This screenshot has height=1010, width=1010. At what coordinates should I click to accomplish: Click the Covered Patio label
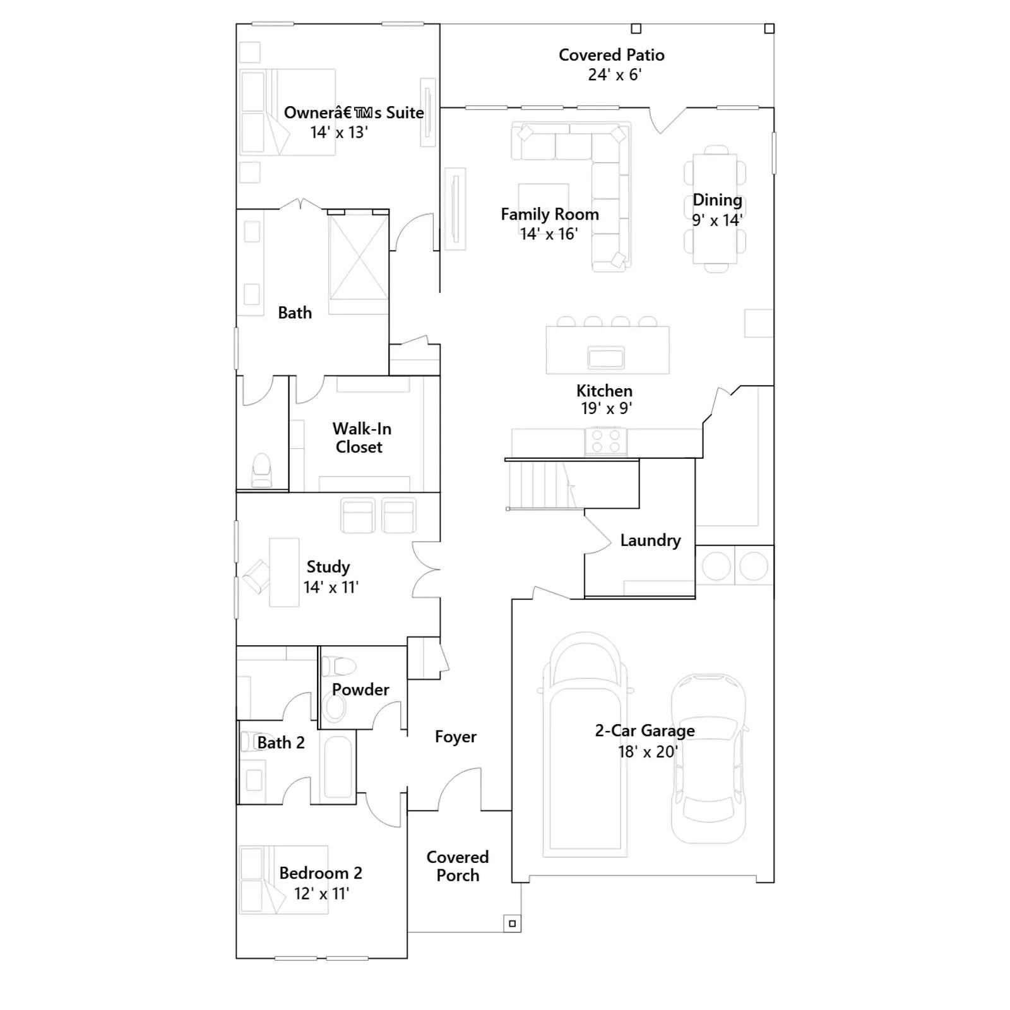click(x=611, y=55)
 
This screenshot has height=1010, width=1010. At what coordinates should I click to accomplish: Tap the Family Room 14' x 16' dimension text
click(x=549, y=234)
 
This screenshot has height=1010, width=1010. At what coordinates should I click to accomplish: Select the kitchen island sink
click(x=606, y=357)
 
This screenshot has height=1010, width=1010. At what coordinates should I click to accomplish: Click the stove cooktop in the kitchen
click(x=606, y=441)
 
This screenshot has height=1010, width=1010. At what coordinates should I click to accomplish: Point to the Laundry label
click(x=650, y=540)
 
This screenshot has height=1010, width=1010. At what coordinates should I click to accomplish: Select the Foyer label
click(x=456, y=737)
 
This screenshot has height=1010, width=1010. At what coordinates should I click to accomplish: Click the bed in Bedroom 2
click(x=284, y=879)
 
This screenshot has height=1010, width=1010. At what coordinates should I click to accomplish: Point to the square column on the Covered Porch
click(x=512, y=924)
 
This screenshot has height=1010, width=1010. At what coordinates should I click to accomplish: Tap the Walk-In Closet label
click(x=361, y=437)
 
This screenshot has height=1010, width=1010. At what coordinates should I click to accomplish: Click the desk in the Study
click(x=284, y=572)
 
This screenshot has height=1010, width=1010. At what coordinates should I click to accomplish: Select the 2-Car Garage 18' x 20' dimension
click(x=648, y=752)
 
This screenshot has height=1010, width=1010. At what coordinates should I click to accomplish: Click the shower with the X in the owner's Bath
click(x=359, y=256)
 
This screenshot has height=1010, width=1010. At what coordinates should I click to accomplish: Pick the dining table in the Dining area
click(x=715, y=209)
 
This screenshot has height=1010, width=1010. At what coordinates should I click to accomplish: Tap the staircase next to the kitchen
click(x=540, y=484)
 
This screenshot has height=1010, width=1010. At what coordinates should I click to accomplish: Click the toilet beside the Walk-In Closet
click(x=261, y=470)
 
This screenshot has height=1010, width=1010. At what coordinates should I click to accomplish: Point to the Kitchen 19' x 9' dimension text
click(x=606, y=408)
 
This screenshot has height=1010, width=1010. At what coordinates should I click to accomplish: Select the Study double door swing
click(x=426, y=569)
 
